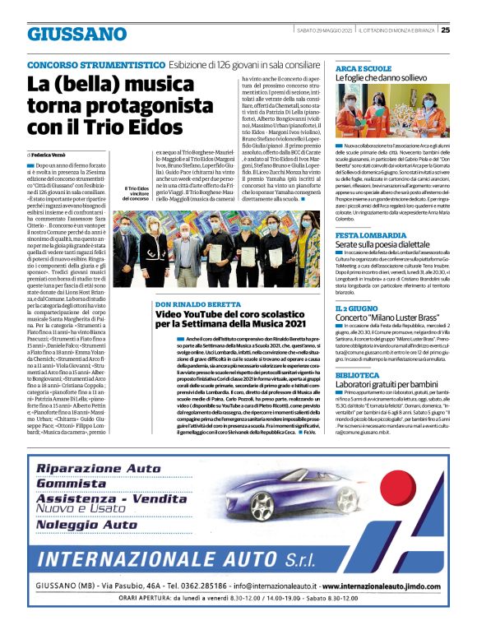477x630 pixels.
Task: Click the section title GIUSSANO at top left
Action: (x=77, y=34)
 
